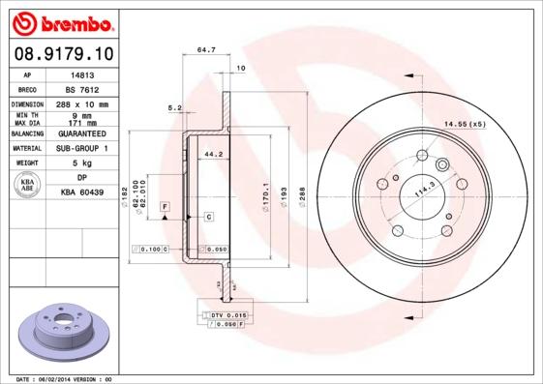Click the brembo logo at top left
(x=64, y=20)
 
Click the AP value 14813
(x=81, y=74)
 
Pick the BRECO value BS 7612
(x=81, y=89)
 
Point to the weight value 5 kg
(x=81, y=163)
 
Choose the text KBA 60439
(x=82, y=193)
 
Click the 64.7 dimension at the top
(x=205, y=48)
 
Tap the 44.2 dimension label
(x=214, y=153)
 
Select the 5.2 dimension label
(x=175, y=107)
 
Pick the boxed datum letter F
(x=166, y=208)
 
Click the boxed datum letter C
(x=208, y=218)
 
